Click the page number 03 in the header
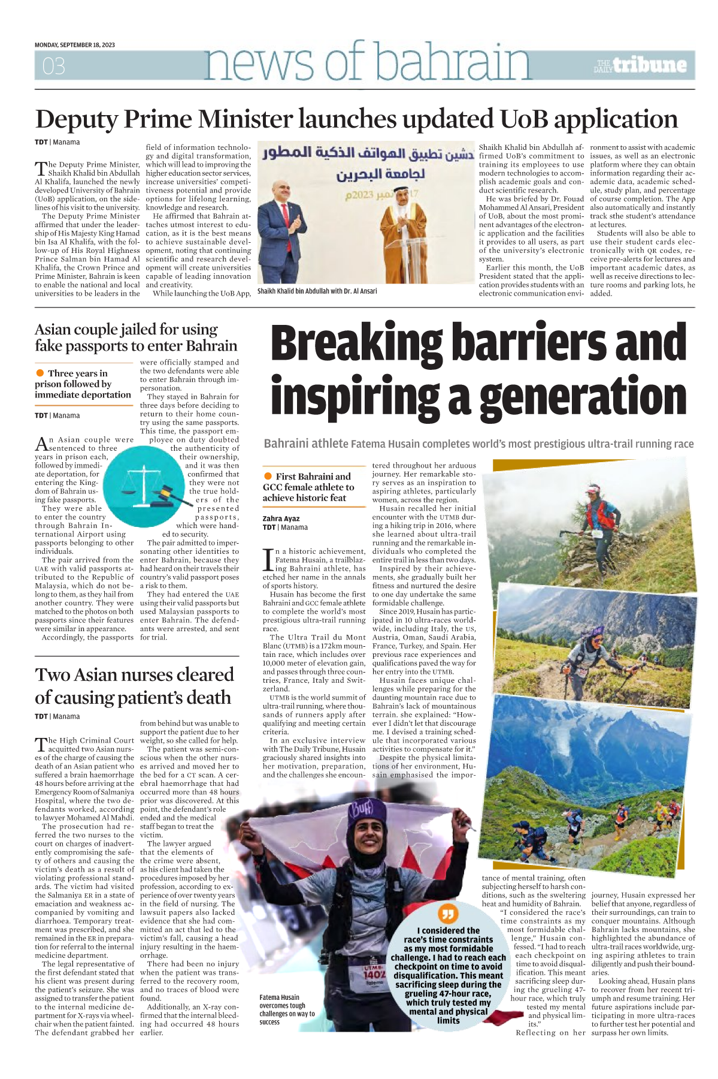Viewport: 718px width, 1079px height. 53,66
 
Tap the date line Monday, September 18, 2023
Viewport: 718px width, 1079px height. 75,45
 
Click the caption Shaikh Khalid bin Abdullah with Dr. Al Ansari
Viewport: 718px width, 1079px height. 317,291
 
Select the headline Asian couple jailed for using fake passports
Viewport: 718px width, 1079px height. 136,337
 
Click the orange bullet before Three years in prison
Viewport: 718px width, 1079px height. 40,373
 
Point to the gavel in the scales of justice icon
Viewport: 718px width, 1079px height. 163,494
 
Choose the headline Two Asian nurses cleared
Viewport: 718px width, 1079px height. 134,686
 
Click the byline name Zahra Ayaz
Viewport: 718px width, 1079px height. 281,519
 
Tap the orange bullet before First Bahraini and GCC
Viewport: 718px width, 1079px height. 268,476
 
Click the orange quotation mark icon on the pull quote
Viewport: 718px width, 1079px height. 448,914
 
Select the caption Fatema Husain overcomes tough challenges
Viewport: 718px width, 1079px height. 287,1009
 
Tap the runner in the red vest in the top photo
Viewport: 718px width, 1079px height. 594,512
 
